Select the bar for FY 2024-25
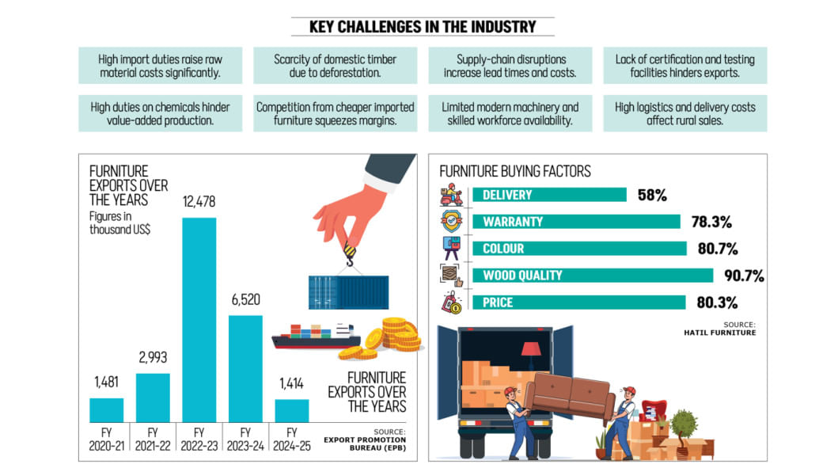291,410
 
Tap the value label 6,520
245,300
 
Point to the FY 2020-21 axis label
105,439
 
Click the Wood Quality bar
593,276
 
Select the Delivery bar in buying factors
549,195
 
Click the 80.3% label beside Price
718,303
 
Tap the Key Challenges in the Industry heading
423,26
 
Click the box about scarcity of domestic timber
335,66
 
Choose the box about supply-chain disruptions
510,66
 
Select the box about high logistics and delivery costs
684,113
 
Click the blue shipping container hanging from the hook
348,291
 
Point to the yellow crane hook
349,253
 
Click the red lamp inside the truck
531,349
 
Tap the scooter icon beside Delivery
452,195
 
